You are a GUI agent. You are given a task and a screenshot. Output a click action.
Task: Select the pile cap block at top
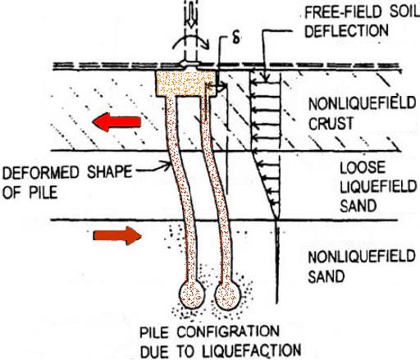click(x=185, y=84)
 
